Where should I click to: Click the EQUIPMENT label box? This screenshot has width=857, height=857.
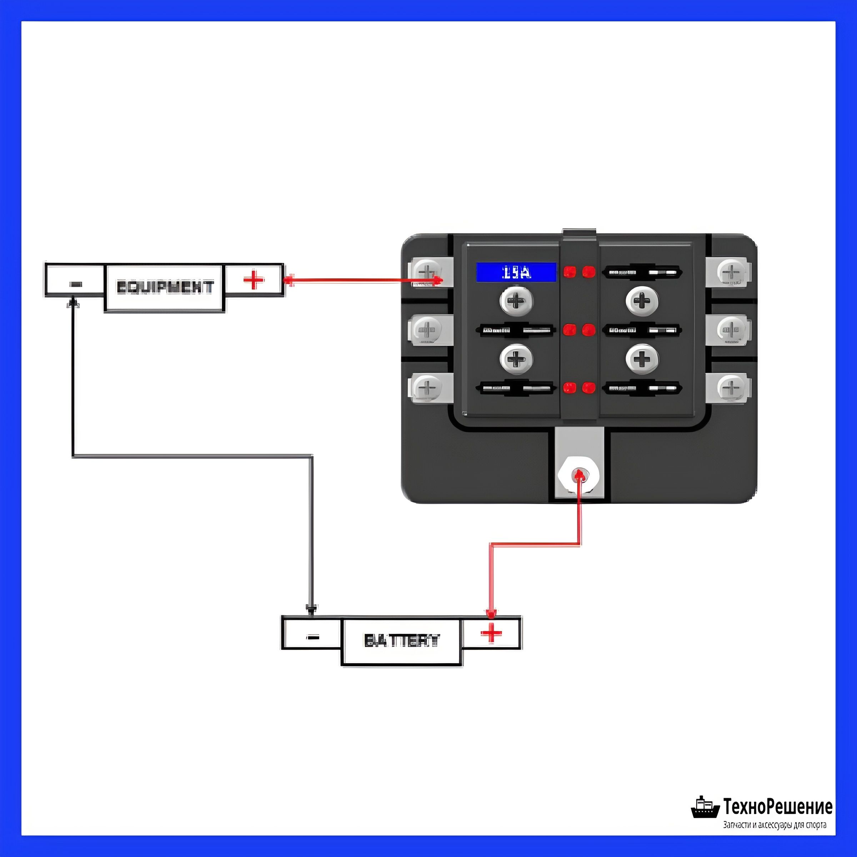tap(164, 287)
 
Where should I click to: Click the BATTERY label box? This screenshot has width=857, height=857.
tap(402, 641)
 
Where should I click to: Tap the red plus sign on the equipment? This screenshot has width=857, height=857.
tap(254, 280)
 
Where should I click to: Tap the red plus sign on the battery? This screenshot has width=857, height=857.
tap(491, 633)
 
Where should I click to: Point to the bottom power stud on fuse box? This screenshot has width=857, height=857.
tap(578, 475)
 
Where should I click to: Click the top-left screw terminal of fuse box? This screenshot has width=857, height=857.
tap(427, 271)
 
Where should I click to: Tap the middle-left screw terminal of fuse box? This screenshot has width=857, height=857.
tap(427, 330)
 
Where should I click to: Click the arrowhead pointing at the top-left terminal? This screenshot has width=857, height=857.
tap(438, 280)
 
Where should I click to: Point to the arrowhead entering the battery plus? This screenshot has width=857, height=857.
tap(491, 613)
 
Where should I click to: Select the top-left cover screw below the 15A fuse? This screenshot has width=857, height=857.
tap(516, 301)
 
